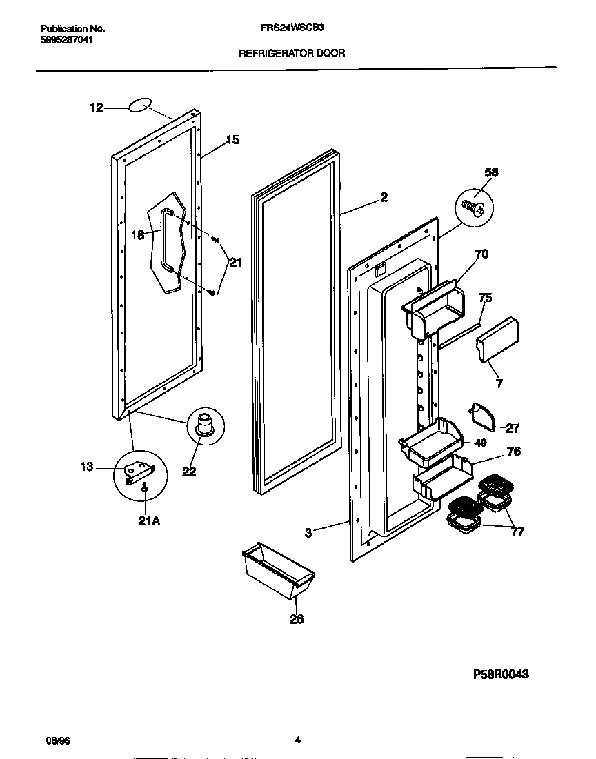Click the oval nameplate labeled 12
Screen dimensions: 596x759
click(x=139, y=105)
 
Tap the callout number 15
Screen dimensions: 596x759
click(x=232, y=140)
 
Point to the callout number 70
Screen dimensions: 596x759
click(x=481, y=254)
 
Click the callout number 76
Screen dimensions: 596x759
click(x=513, y=452)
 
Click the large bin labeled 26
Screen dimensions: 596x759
click(x=277, y=571)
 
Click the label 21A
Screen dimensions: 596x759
click(x=149, y=521)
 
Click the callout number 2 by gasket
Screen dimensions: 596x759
click(x=384, y=197)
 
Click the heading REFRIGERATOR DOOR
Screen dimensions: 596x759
click(x=292, y=52)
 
